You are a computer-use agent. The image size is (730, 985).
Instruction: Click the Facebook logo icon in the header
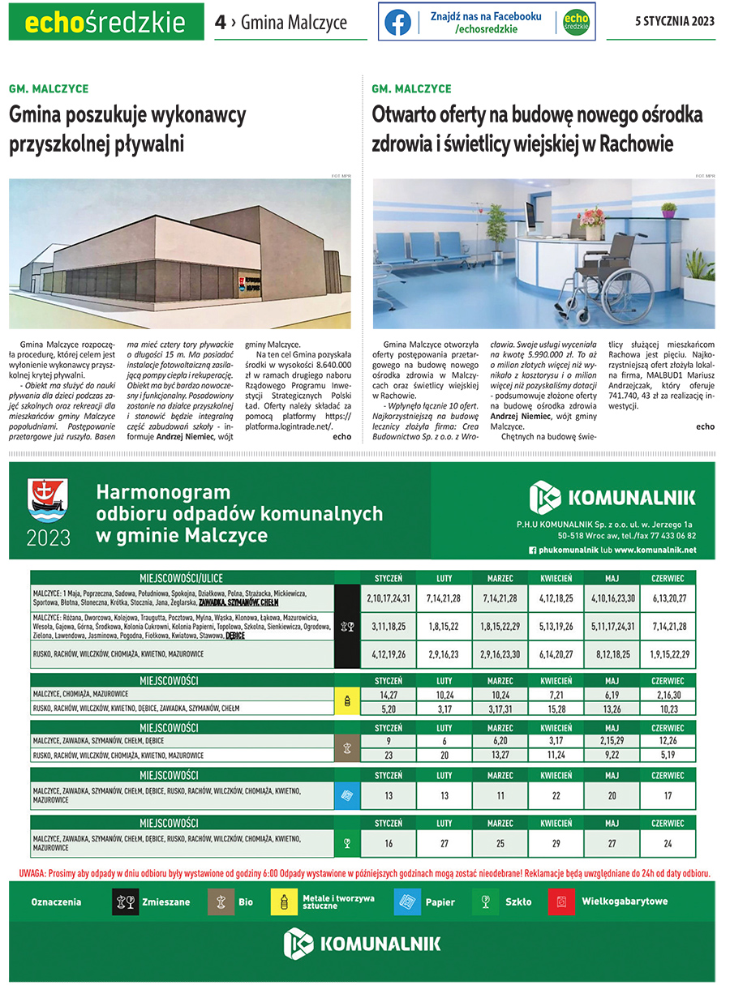pyautogui.click(x=397, y=23)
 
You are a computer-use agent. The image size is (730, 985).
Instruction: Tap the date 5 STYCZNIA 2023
pyautogui.click(x=675, y=22)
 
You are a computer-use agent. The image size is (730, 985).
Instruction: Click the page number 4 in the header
pyautogui.click(x=220, y=23)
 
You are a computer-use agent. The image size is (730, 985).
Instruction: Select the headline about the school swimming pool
pyautogui.click(x=127, y=131)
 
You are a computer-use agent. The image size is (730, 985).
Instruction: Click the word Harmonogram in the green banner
pyautogui.click(x=163, y=492)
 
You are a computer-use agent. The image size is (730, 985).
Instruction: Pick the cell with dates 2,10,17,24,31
pyautogui.click(x=389, y=598)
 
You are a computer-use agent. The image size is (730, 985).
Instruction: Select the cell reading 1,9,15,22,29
pyautogui.click(x=668, y=653)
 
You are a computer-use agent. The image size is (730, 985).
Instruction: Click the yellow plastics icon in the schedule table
pyautogui.click(x=346, y=701)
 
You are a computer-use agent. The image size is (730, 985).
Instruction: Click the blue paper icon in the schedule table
pyautogui.click(x=346, y=796)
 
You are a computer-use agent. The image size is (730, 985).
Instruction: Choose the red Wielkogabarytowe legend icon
pyautogui.click(x=561, y=901)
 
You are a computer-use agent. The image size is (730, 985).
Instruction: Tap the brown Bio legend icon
pyautogui.click(x=220, y=901)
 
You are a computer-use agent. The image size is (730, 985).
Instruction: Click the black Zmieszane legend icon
pyautogui.click(x=125, y=901)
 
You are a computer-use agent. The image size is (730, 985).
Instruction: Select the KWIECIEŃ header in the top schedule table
pyautogui.click(x=556, y=578)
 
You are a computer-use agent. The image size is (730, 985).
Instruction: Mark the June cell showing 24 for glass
pyautogui.click(x=668, y=844)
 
